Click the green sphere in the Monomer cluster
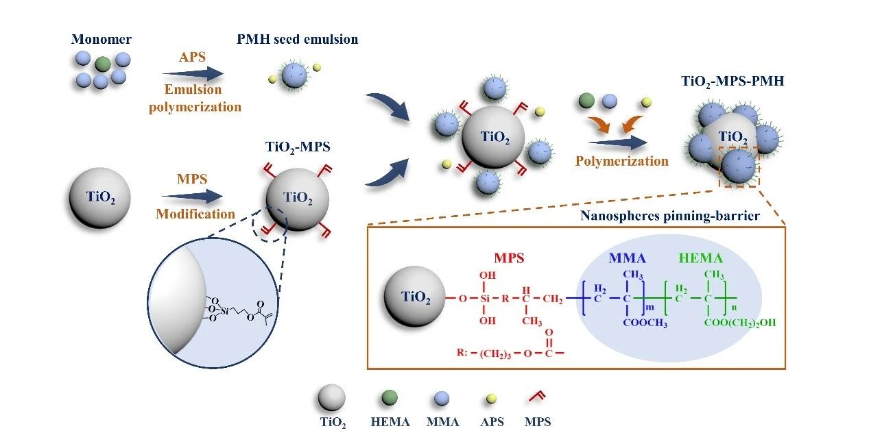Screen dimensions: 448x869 [x=102, y=64]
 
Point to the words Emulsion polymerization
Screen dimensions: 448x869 [x=195, y=98]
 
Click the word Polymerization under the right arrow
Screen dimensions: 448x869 [x=621, y=162]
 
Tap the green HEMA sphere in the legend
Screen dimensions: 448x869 [x=390, y=398]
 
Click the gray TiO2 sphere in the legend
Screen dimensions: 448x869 [x=331, y=397]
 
